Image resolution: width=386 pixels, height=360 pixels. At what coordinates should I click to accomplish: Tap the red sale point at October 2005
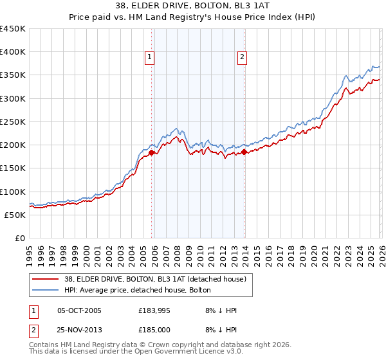click(152, 153)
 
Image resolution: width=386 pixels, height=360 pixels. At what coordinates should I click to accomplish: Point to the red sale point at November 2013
click(245, 152)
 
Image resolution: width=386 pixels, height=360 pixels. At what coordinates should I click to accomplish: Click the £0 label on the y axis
click(20, 238)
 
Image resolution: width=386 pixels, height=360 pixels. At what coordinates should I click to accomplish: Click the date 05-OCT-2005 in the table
click(79, 310)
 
